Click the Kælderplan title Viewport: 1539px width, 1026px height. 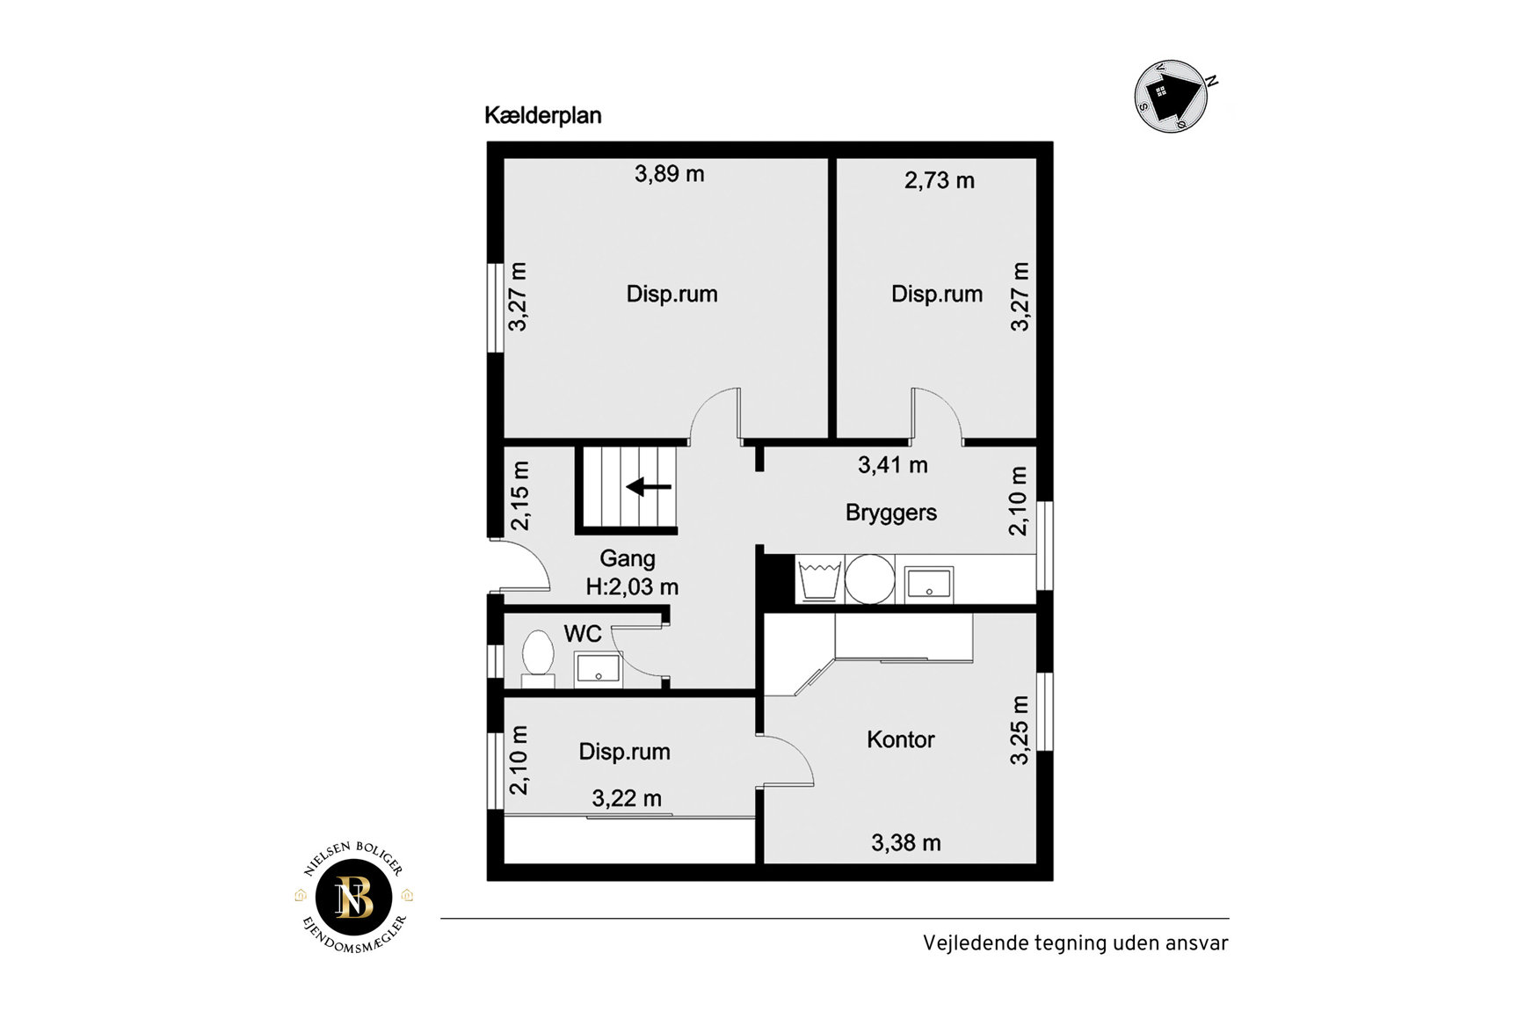543,116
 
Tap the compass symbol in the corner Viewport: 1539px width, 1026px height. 1172,96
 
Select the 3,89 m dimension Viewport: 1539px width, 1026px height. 670,174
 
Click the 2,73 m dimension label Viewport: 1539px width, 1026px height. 940,180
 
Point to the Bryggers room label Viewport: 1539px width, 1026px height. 891,513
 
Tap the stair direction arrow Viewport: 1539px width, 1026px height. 649,486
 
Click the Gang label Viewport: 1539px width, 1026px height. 628,559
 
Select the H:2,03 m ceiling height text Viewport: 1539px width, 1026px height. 633,586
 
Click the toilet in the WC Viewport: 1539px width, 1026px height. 538,659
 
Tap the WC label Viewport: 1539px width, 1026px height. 583,634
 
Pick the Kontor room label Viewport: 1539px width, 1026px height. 901,739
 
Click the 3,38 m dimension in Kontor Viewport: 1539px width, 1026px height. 906,843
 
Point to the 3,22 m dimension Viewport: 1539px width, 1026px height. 627,798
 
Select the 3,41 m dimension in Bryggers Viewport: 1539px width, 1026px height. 893,465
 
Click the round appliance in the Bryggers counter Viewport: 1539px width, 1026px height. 870,579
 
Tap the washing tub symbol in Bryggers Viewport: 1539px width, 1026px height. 820,579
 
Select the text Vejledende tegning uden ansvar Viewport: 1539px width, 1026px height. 1076,943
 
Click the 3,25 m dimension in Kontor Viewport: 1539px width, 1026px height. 1019,731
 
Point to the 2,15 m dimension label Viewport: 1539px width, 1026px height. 520,496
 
